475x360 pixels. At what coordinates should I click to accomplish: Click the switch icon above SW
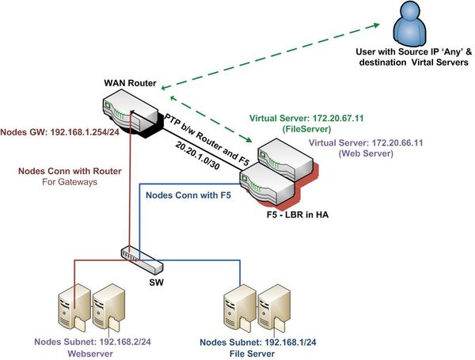pyautogui.click(x=135, y=256)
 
